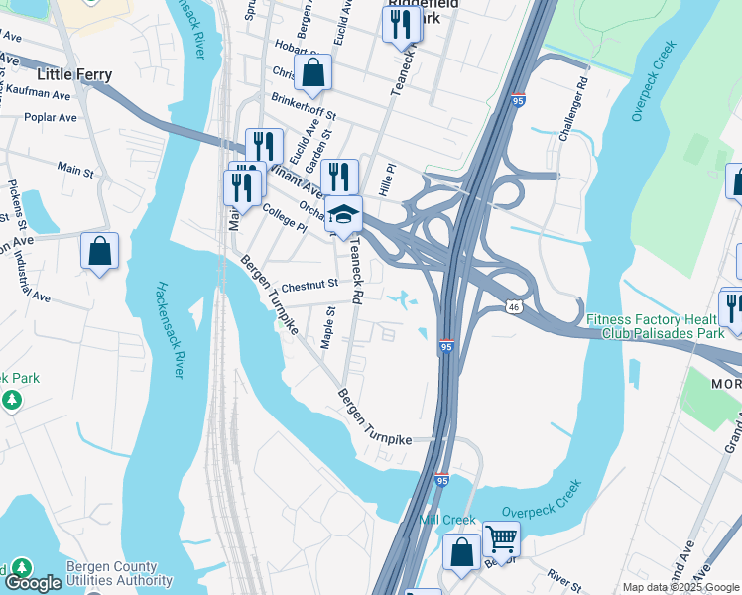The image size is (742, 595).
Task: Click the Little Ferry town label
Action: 74,74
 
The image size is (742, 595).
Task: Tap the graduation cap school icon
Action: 343,215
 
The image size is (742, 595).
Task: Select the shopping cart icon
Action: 502,539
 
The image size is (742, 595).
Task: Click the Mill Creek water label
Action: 447,520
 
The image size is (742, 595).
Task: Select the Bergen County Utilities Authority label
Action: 119,574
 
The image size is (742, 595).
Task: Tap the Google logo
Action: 32,583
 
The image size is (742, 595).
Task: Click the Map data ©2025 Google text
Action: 680,587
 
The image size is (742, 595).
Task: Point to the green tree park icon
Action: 11,400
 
